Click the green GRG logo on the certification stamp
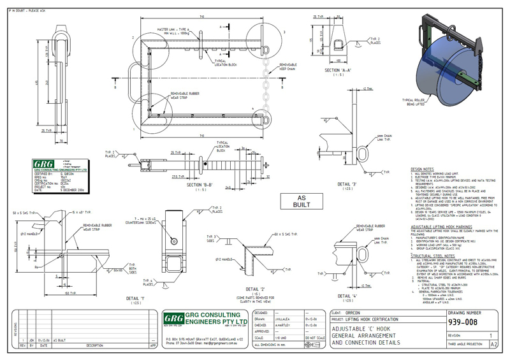coord(41,164)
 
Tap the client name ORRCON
coord(356,313)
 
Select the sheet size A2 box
coord(493,343)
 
